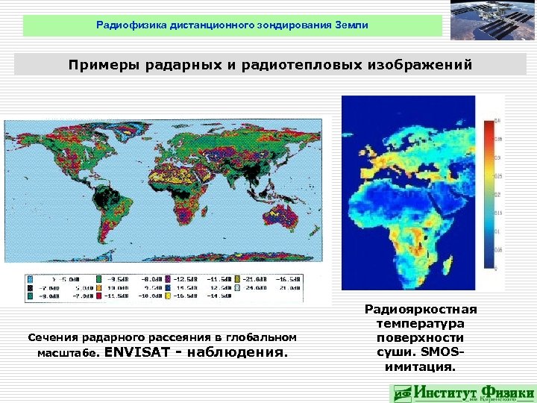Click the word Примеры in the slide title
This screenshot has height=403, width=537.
pyautogui.click(x=101, y=65)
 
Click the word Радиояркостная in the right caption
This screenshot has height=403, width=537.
pyautogui.click(x=421, y=309)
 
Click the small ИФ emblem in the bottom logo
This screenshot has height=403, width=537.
pyautogui.click(x=402, y=393)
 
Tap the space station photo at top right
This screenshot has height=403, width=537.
pyautogui.click(x=493, y=22)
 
